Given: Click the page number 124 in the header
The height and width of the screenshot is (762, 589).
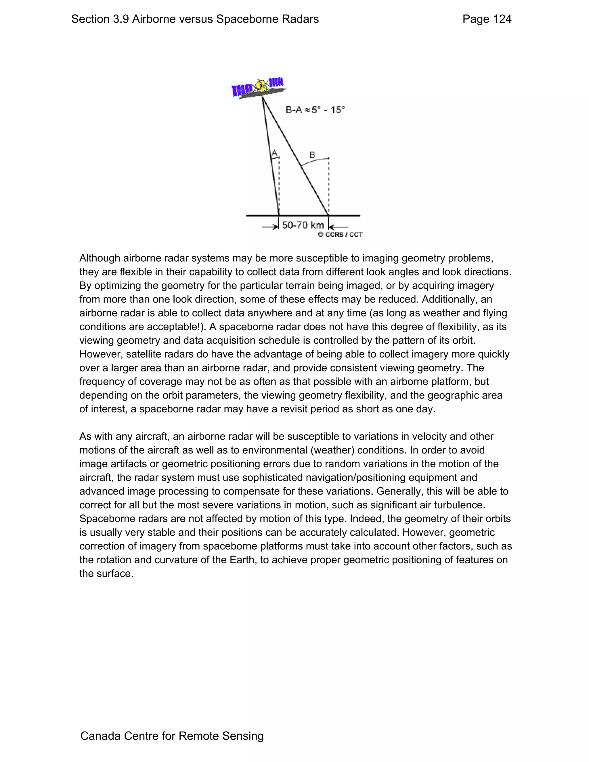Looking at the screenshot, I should click(x=502, y=19).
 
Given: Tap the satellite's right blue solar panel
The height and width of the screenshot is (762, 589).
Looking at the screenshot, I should click(x=276, y=83).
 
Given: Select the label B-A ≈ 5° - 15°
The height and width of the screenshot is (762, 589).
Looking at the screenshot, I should click(x=315, y=110).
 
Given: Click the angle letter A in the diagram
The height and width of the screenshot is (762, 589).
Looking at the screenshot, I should click(x=274, y=153).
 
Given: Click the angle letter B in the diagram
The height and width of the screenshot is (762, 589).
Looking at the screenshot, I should click(x=312, y=155).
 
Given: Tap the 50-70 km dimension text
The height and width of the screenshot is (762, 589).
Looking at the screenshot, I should click(x=303, y=225).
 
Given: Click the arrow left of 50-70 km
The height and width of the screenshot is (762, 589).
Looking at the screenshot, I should click(x=269, y=227).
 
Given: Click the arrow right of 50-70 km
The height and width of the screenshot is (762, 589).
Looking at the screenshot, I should click(x=339, y=227).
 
